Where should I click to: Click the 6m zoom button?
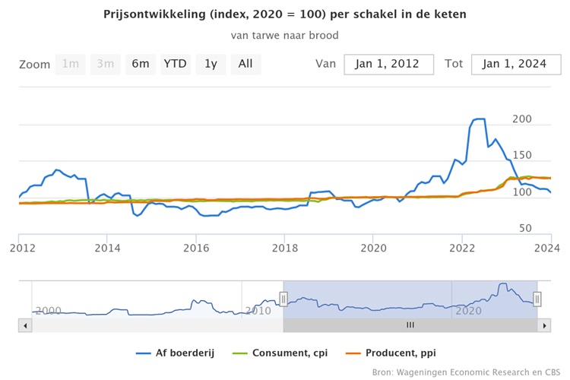pos(141,64)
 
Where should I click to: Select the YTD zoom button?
pos(176,64)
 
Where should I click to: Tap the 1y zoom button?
pos(211,64)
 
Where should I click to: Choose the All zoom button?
pos(245,64)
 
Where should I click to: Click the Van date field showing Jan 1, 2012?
pos(388,64)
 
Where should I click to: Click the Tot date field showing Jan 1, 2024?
pos(515,64)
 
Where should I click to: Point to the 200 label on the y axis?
pos(522,119)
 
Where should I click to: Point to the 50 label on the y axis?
pos(525,228)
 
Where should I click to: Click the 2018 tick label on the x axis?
pos(285,246)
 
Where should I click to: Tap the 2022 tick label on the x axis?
pos(462,246)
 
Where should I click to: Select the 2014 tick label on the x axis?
pos(108,246)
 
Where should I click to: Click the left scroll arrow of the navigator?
pos(26,325)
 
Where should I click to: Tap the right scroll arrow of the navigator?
pos(543,325)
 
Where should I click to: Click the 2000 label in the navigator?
pos(47,310)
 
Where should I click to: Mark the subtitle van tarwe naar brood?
pos(285,35)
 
